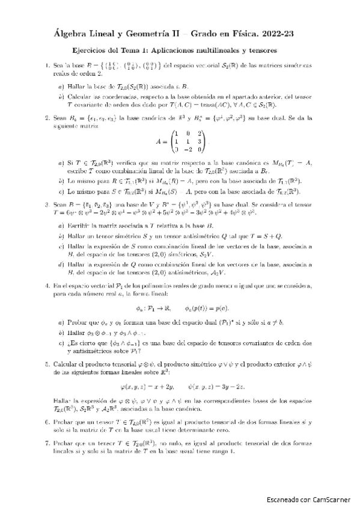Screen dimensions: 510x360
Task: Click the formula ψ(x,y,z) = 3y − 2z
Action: coord(218,387)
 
